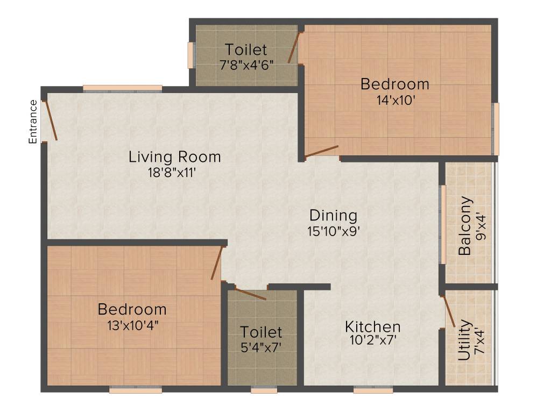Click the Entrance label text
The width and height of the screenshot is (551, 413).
click(33, 122)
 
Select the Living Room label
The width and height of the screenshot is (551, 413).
click(174, 157)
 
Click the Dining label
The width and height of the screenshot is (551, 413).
click(333, 216)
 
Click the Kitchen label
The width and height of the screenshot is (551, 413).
click(372, 326)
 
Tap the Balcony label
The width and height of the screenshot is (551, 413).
click(465, 226)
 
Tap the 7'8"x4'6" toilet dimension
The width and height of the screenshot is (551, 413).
click(246, 65)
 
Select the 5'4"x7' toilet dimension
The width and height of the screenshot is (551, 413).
click(261, 346)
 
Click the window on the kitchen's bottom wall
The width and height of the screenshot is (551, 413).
click(373, 390)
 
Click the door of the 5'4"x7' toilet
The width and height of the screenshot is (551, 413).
click(250, 294)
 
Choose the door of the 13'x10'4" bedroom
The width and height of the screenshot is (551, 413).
click(216, 263)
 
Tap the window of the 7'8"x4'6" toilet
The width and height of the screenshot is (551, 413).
click(190, 55)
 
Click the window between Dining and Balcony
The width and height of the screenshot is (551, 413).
click(443, 224)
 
